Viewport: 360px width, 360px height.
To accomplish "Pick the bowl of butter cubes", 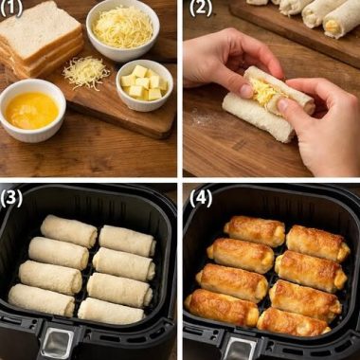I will tap(143, 83).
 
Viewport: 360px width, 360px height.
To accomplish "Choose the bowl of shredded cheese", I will tap(122, 28).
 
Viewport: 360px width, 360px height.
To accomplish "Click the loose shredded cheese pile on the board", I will tap(86, 70).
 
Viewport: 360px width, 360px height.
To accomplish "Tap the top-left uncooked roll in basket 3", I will tap(68, 230).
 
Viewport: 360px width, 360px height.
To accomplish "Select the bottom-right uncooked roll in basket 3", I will tap(112, 310).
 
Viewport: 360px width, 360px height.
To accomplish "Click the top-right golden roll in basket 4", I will tap(315, 243).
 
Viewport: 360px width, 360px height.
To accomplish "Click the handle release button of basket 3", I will tap(59, 342).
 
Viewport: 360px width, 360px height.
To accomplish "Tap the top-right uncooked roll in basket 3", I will tap(127, 241).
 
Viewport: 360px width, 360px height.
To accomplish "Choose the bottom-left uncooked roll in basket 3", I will tap(42, 299).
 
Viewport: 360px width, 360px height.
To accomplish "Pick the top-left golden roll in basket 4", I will tap(254, 230).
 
